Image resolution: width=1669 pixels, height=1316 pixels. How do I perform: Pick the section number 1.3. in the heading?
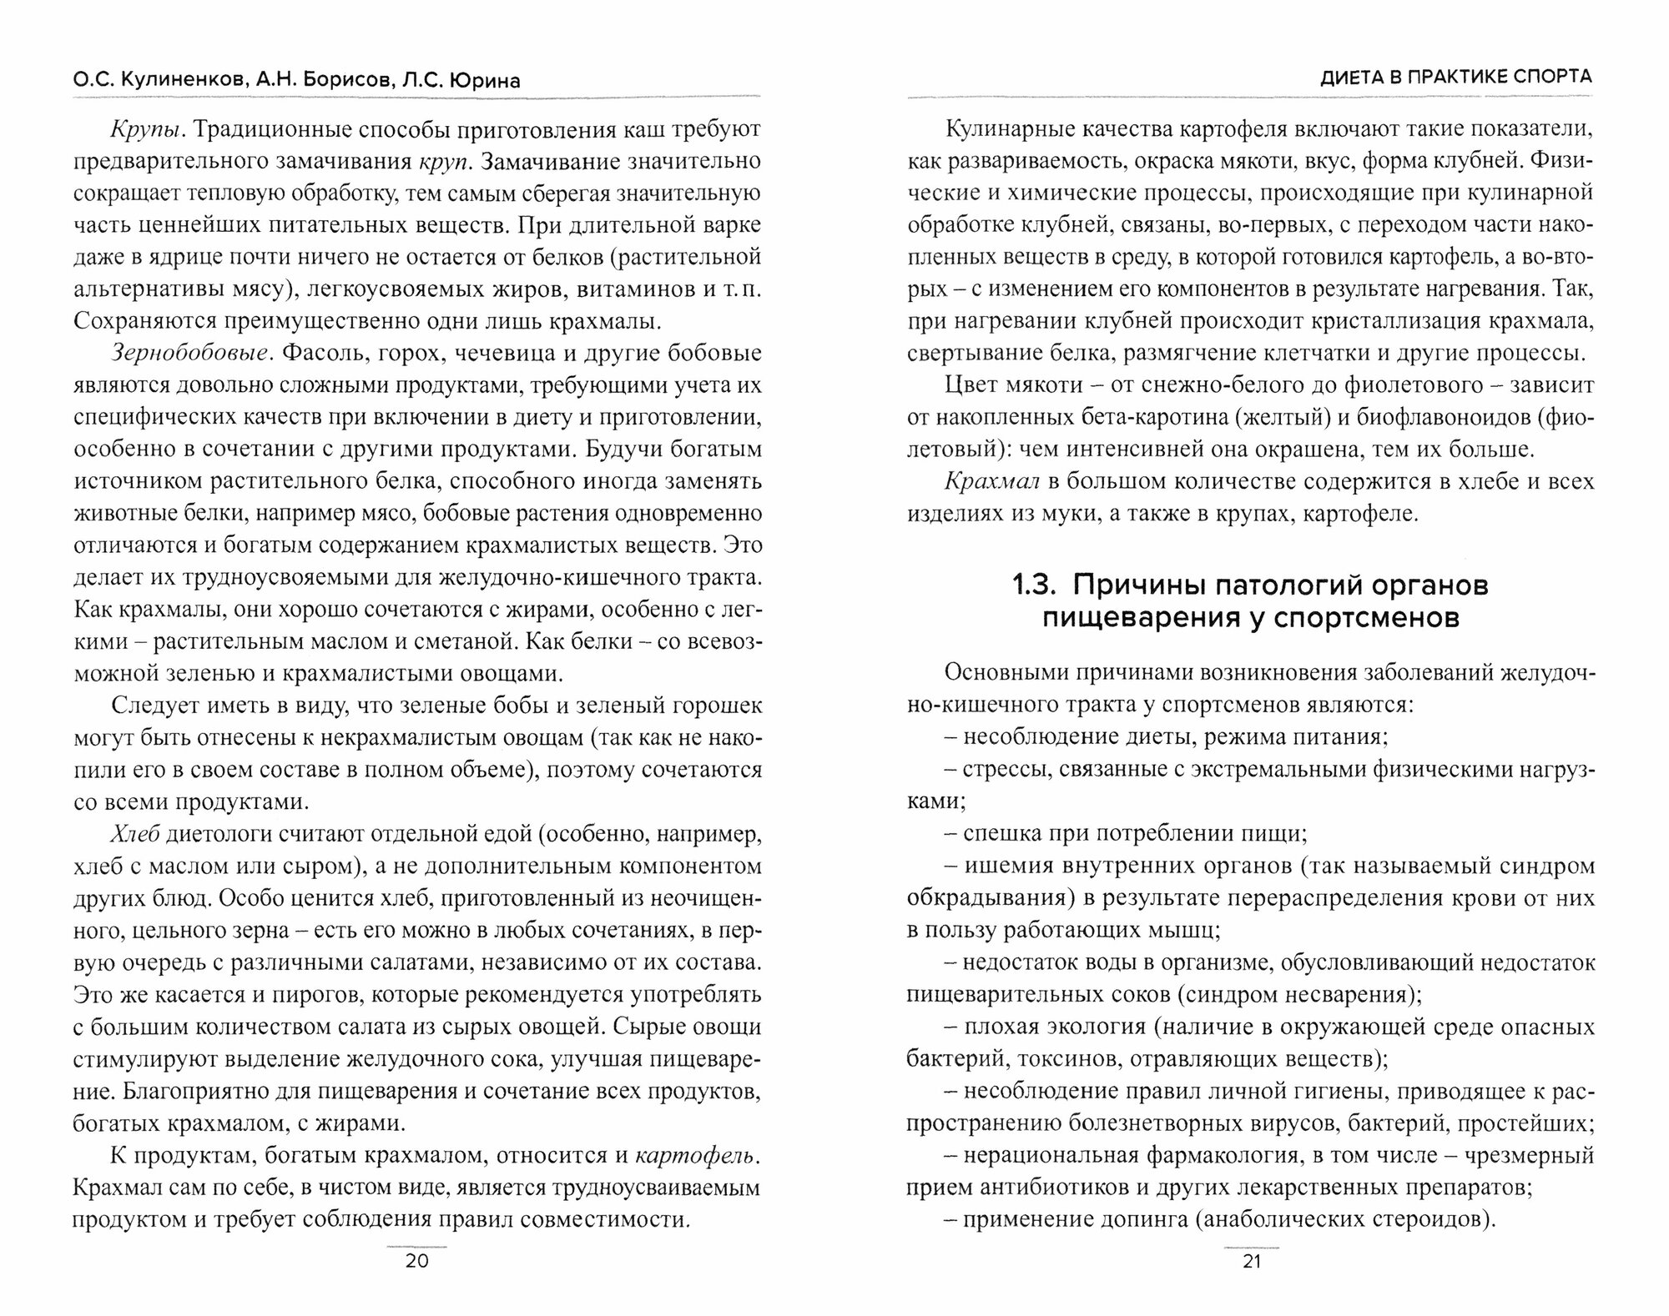coord(1036,585)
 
